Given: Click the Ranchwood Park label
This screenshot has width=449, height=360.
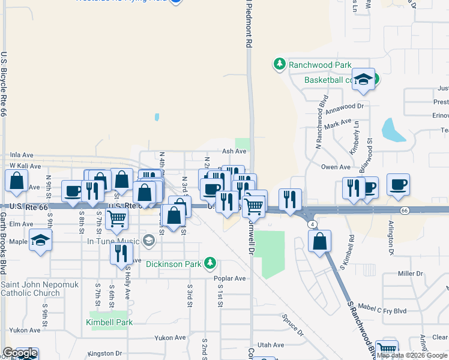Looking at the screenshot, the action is tap(319, 64).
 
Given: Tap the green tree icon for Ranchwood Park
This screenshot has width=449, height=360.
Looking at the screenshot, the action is tap(279, 64).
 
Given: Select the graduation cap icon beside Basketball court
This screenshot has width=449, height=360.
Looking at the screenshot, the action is tap(363, 79).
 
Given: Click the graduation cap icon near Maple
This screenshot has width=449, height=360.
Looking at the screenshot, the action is tap(40, 241).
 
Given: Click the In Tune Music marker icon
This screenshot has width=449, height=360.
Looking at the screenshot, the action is tap(149, 241).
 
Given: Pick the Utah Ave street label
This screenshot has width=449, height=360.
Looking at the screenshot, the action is tap(270, 345).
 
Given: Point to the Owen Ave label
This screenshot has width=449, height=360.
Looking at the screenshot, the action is tap(336, 167).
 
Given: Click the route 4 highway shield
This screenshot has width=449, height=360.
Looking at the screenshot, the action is tap(313, 224).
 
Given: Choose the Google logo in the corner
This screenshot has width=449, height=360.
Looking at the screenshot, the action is tap(20, 353).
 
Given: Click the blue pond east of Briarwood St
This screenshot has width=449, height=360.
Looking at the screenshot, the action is tap(393, 130).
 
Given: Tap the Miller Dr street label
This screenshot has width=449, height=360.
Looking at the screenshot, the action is tap(411, 274).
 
